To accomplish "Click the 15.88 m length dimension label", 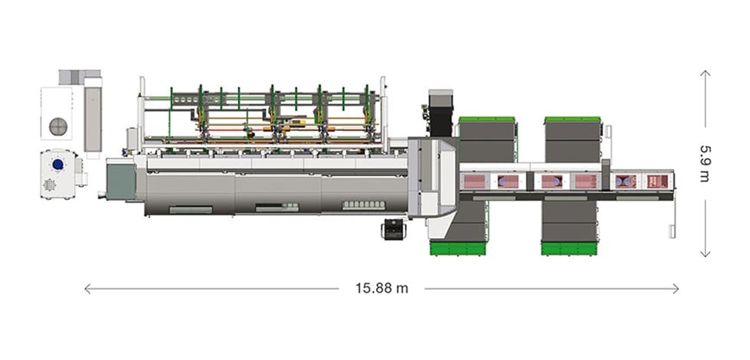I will tap(381, 288).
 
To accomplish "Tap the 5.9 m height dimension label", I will tap(705, 163).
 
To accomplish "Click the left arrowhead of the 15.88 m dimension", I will tap(86, 288).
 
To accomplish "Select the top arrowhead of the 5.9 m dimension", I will tap(705, 74).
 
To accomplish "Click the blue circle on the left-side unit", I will tap(58, 164).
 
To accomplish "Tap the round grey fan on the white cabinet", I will tap(60, 125).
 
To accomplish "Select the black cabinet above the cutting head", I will tap(440, 107).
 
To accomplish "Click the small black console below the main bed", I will tap(394, 229).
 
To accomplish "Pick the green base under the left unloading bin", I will tap(458, 249).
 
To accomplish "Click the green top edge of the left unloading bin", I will tap(486, 119).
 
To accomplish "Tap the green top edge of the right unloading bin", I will tap(572, 119).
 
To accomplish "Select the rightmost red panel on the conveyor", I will tap(657, 181).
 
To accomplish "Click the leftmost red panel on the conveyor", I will tap(475, 181).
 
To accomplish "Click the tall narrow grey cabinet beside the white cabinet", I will tap(93, 118).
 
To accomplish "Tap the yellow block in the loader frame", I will tap(302, 122).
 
